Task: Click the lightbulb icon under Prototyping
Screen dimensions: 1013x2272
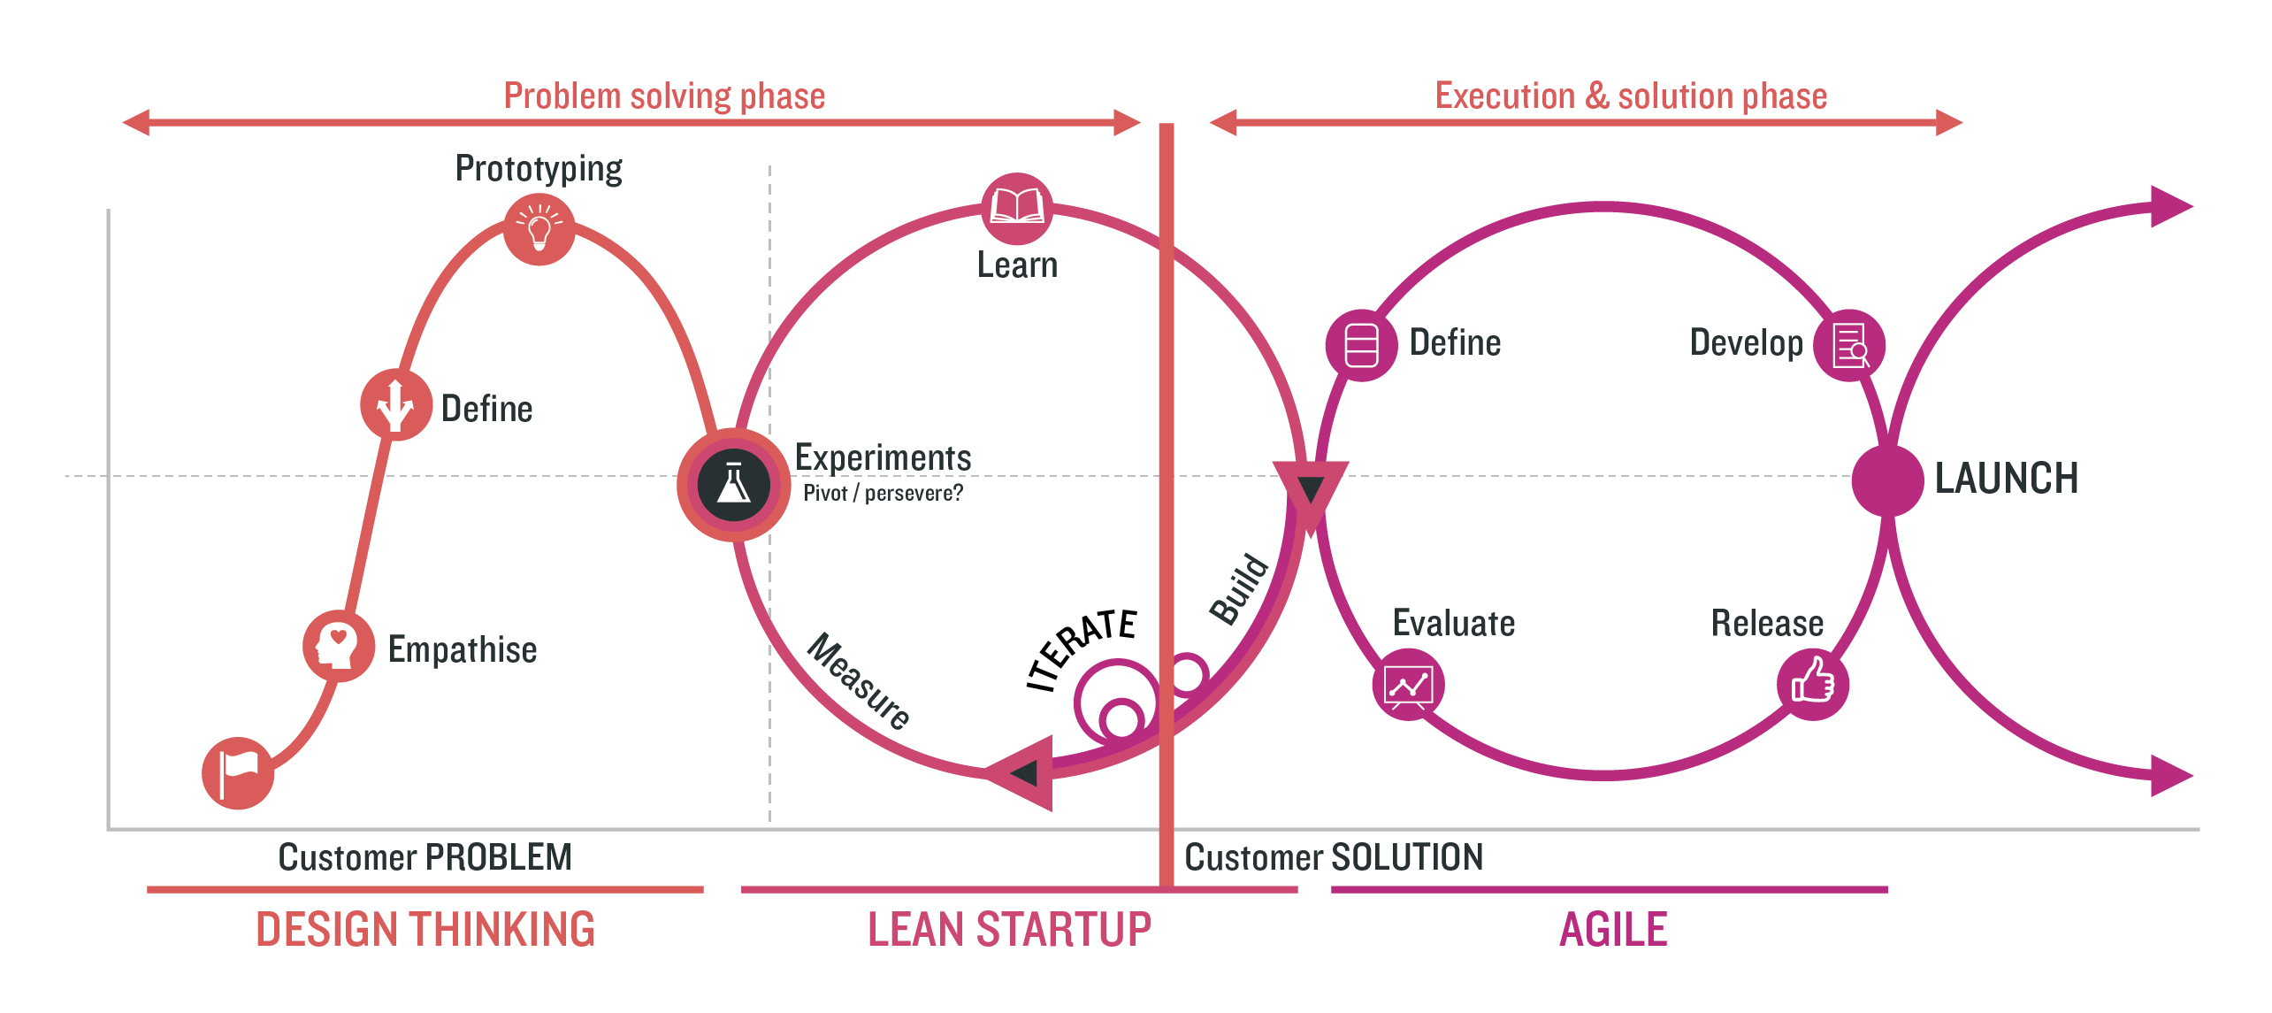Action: tap(539, 230)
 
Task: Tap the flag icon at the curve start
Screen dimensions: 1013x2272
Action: tap(238, 773)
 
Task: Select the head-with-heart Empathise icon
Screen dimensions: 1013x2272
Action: tap(338, 646)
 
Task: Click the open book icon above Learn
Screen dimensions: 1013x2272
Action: tap(1017, 209)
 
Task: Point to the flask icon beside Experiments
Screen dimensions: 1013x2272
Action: tap(733, 485)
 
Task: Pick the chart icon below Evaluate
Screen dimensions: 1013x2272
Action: tap(1408, 685)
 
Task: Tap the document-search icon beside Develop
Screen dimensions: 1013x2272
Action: tap(1849, 345)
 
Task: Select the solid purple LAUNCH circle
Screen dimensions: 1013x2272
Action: tap(1887, 480)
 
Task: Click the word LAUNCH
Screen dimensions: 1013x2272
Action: tap(2006, 479)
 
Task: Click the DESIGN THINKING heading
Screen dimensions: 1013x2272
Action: tap(425, 930)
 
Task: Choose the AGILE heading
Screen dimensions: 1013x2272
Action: tap(1612, 930)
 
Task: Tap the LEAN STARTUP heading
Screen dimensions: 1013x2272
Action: tap(1009, 930)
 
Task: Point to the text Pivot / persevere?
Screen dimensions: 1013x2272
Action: tap(883, 494)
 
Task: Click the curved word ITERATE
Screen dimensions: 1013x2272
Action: tap(1081, 648)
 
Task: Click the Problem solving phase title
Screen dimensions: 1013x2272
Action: tap(664, 96)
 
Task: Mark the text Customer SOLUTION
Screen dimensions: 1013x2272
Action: tap(1334, 857)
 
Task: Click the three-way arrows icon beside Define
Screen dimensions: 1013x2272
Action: tap(395, 405)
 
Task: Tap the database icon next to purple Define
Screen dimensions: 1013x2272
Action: tap(1361, 345)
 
